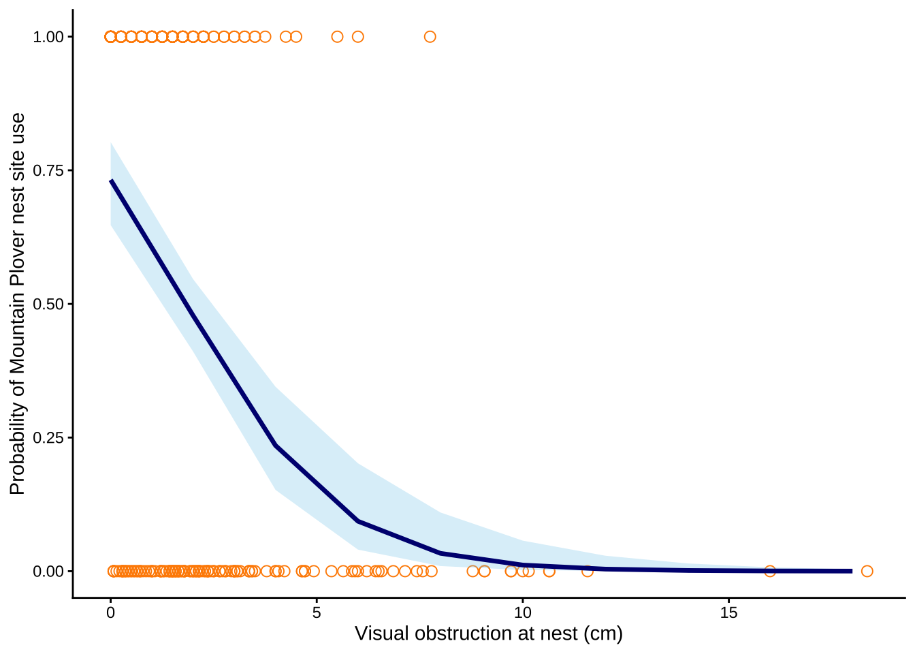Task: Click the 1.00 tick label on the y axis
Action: tap(48, 37)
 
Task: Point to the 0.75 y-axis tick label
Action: tap(48, 170)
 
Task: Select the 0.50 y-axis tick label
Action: tap(48, 304)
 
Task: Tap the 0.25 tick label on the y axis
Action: tap(48, 437)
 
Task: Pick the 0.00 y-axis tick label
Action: tap(48, 571)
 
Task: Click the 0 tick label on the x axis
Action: tap(110, 612)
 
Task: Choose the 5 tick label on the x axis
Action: tap(317, 612)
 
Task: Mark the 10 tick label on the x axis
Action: tap(522, 612)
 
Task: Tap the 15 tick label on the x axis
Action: tap(728, 612)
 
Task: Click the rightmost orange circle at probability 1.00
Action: tap(430, 37)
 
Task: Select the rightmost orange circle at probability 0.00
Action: tap(867, 571)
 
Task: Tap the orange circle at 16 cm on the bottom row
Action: tap(769, 571)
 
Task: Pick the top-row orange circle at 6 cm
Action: tap(357, 37)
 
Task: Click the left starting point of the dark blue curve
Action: tap(111, 181)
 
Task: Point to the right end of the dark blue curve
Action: tap(851, 571)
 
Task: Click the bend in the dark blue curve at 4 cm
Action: tap(275, 446)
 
